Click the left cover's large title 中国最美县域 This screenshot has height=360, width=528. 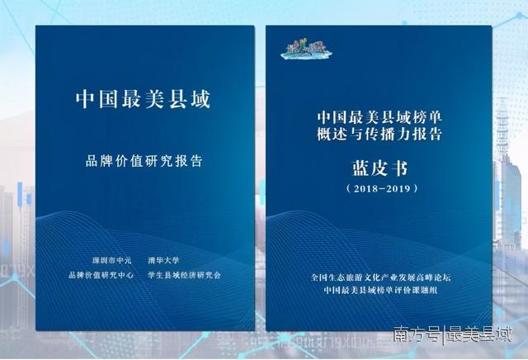click(144, 101)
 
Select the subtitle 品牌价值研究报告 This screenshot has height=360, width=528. click(144, 160)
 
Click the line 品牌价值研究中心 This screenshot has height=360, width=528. click(104, 275)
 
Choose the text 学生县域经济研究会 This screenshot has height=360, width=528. click(186, 275)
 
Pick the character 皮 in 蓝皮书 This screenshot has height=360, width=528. click(379, 170)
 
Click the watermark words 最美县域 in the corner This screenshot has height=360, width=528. click(478, 334)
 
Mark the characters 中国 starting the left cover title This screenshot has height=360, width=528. click(91, 101)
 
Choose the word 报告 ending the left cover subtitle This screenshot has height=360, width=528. click(191, 160)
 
